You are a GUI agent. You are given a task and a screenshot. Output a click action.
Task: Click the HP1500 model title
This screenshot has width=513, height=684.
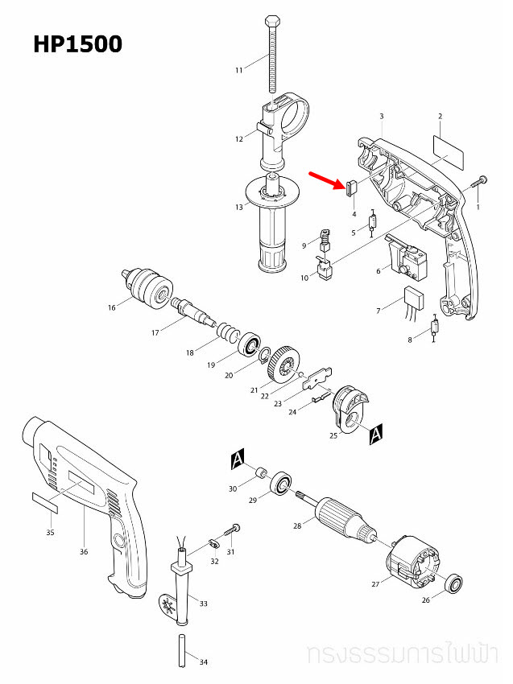coord(78,44)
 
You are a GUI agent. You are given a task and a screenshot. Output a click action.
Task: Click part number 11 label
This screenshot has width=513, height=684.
coord(238,71)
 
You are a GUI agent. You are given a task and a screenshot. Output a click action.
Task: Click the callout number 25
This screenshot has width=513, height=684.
coord(333,435)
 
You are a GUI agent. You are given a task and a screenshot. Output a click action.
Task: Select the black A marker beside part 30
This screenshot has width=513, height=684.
coord(238,459)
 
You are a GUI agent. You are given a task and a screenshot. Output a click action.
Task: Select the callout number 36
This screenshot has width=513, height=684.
coord(84,552)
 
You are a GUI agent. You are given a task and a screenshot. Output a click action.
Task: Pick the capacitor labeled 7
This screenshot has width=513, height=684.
coord(415,296)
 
